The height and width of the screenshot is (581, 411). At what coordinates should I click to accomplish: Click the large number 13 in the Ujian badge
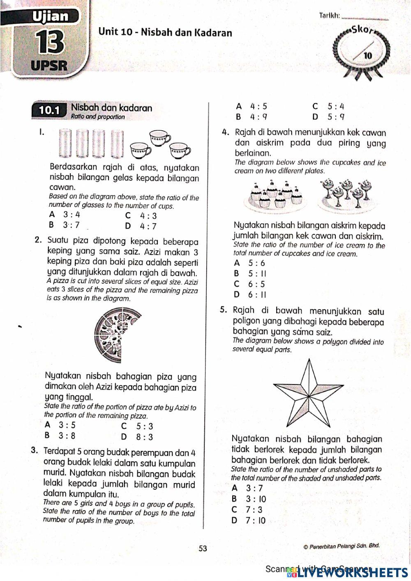[50, 42]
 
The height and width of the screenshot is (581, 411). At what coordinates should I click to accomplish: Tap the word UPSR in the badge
[49, 65]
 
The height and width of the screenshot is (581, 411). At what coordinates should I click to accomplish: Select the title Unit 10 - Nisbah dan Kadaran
[165, 32]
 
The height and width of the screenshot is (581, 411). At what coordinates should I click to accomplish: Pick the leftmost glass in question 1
[65, 144]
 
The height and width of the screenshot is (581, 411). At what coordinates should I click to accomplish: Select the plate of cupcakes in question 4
[274, 196]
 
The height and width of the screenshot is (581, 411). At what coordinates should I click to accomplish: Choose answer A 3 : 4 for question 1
[65, 214]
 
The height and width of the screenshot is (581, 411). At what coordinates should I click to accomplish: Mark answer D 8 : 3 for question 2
[138, 437]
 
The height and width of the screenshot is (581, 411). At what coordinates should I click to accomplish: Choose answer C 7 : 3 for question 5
[247, 509]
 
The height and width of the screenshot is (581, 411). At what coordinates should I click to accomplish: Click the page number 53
[203, 549]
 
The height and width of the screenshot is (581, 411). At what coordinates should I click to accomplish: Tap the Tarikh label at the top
[329, 16]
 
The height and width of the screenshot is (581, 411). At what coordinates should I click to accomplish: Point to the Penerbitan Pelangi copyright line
[341, 546]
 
